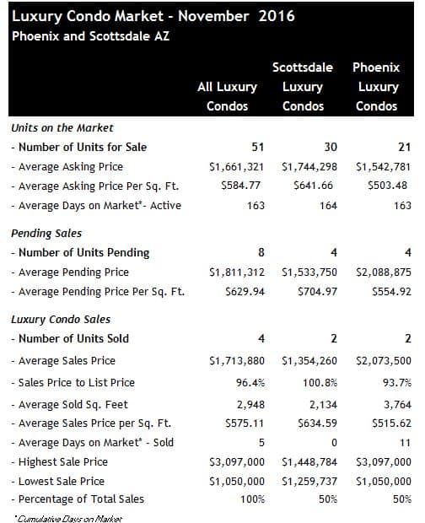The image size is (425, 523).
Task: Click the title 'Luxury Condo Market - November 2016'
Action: click(153, 16)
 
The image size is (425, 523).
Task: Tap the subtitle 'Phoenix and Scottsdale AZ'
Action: click(90, 36)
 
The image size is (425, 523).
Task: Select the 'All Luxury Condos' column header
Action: click(227, 96)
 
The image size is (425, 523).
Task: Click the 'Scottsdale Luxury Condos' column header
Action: click(303, 87)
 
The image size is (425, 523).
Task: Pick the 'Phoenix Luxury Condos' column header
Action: click(376, 87)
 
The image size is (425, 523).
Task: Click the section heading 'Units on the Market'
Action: click(62, 127)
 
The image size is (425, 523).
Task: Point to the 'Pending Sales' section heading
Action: click(46, 233)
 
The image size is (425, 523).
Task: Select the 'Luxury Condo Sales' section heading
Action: click(61, 319)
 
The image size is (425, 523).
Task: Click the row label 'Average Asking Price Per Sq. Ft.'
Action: click(95, 186)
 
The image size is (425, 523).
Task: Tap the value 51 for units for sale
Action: click(258, 147)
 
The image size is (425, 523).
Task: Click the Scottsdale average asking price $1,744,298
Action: click(309, 166)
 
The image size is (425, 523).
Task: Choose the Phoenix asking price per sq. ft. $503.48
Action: click(387, 186)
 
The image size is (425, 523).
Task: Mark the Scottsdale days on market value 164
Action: click(328, 206)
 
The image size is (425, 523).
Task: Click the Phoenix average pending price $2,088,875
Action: click(384, 272)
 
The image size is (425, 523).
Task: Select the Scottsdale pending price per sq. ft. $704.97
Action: click(317, 292)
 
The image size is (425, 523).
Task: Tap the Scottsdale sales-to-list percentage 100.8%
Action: click(320, 383)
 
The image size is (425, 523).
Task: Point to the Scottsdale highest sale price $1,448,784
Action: click(309, 462)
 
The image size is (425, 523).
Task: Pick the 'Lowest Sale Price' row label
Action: click(57, 482)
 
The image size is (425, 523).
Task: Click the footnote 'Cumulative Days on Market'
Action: click(69, 519)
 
